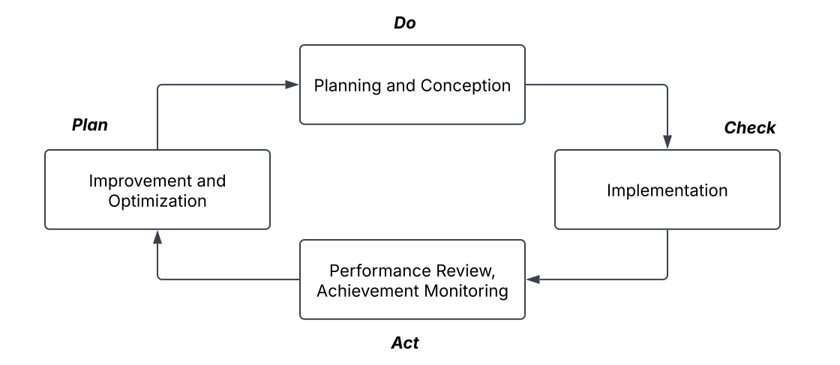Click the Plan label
pyautogui.click(x=90, y=125)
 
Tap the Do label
pyautogui.click(x=404, y=23)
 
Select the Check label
pyautogui.click(x=749, y=128)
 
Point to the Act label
pyautogui.click(x=404, y=343)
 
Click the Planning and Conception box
pyautogui.click(x=412, y=85)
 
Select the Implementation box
pyautogui.click(x=667, y=190)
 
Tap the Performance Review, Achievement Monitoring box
pyautogui.click(x=412, y=280)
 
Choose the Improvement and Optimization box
pyautogui.click(x=157, y=190)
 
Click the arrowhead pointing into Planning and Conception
pyautogui.click(x=292, y=85)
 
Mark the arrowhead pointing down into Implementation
pyautogui.click(x=667, y=142)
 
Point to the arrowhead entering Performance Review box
pyautogui.click(x=533, y=280)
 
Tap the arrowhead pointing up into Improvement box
pyautogui.click(x=157, y=237)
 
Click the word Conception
pyautogui.click(x=466, y=85)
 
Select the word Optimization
pyautogui.click(x=157, y=201)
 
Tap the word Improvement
pyautogui.click(x=134, y=181)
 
